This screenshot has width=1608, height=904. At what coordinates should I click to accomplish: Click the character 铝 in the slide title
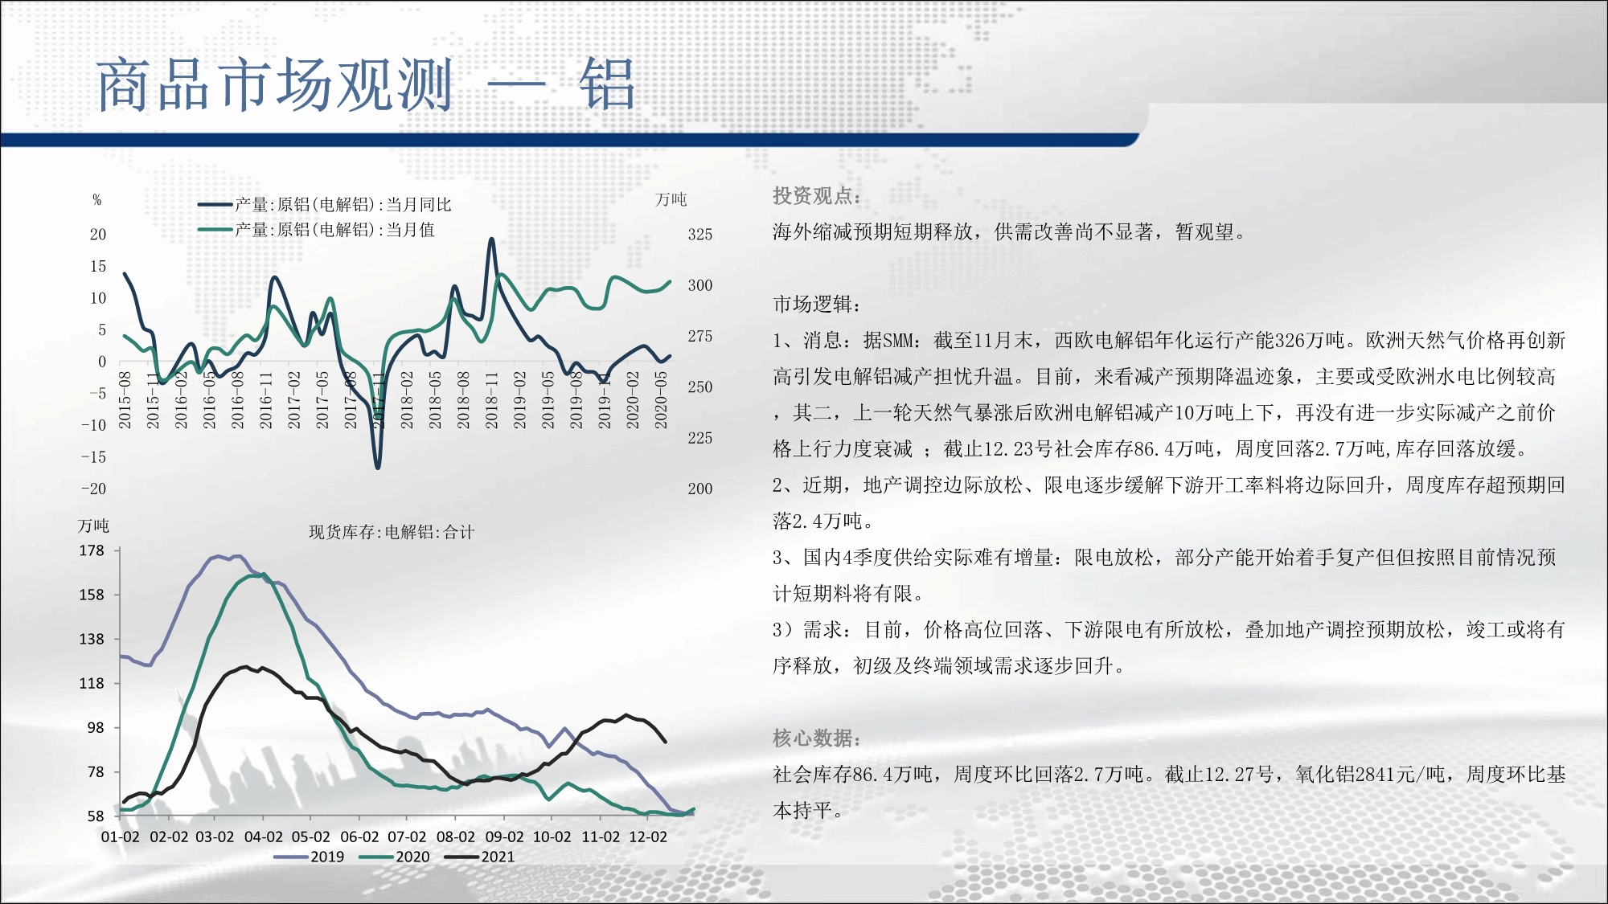pyautogui.click(x=608, y=84)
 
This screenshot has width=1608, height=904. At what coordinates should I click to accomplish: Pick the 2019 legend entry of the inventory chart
pyautogui.click(x=310, y=857)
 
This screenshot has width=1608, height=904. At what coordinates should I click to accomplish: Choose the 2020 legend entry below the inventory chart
pyautogui.click(x=395, y=857)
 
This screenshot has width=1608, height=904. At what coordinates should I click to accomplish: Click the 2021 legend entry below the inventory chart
pyautogui.click(x=480, y=857)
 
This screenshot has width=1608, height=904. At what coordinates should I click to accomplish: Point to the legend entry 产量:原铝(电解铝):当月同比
pyautogui.click(x=325, y=205)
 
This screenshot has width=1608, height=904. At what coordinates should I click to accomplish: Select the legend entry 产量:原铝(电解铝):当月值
pyautogui.click(x=317, y=230)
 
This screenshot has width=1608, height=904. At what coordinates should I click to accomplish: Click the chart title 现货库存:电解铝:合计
pyautogui.click(x=392, y=532)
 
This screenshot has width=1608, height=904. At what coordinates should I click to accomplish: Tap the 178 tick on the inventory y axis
pyautogui.click(x=92, y=550)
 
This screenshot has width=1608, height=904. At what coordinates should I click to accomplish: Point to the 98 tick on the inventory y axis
pyautogui.click(x=96, y=727)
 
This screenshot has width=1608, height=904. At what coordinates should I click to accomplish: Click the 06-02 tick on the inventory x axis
pyautogui.click(x=359, y=837)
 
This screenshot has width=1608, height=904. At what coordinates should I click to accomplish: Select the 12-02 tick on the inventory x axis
pyautogui.click(x=648, y=837)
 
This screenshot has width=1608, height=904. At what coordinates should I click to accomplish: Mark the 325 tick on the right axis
pyautogui.click(x=699, y=235)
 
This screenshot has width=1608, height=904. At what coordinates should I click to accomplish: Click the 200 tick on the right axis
pyautogui.click(x=699, y=489)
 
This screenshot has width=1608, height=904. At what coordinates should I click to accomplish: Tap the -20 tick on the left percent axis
pyautogui.click(x=93, y=489)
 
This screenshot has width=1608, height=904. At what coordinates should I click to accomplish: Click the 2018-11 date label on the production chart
pyautogui.click(x=491, y=399)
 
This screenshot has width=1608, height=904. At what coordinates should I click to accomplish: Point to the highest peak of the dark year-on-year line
pyautogui.click(x=491, y=239)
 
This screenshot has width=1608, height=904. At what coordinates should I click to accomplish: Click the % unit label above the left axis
pyautogui.click(x=97, y=200)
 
